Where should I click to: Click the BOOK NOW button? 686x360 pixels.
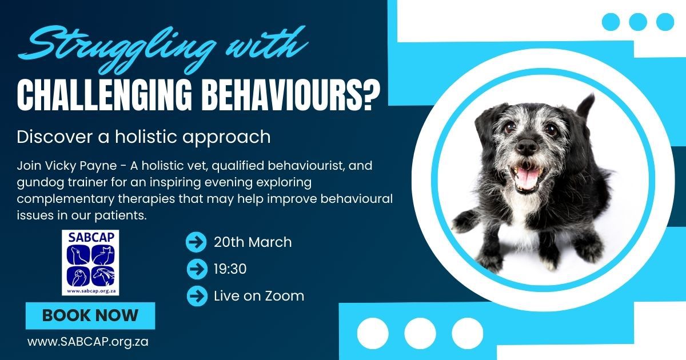coord(90,315)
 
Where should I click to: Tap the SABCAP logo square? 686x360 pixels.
coord(90,263)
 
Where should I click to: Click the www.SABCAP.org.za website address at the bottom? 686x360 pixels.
coord(88,342)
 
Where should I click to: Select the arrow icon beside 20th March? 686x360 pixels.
coord(196,242)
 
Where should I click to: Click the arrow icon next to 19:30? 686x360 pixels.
coord(197,269)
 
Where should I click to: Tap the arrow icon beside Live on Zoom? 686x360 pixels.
coord(197,296)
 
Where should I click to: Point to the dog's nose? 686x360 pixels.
coord(527,146)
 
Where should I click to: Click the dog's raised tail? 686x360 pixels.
coord(585,107)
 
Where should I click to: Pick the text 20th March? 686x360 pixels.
coord(253,242)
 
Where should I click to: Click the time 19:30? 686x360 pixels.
coord(230,269)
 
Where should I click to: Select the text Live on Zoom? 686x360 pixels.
coord(259,296)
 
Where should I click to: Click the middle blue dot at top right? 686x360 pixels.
coord(638,22)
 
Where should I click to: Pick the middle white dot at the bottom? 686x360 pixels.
coord(420,333)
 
